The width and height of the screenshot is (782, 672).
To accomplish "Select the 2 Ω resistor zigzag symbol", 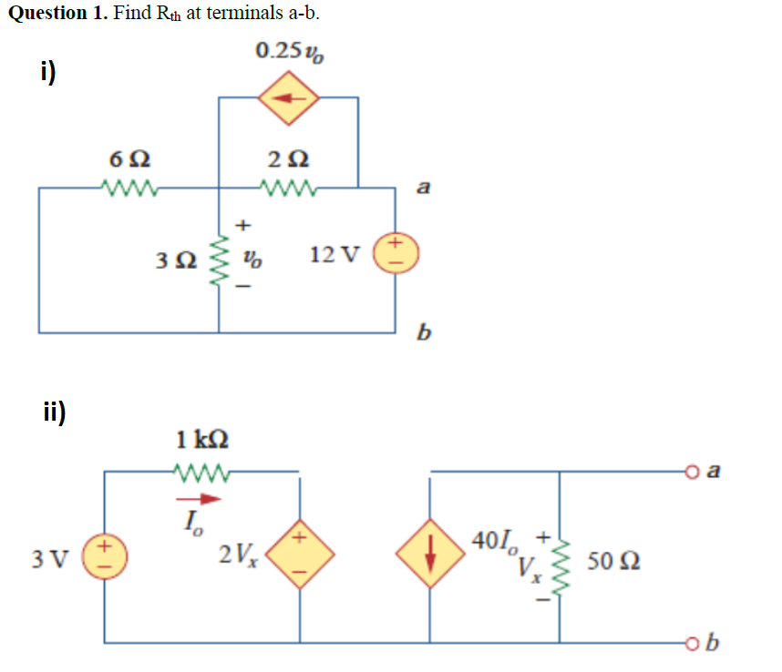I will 288,188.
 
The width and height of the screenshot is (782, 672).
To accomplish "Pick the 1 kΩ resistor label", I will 201,439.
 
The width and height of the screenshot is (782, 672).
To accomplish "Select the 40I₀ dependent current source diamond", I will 430,555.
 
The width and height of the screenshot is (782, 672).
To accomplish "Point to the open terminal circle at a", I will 692,471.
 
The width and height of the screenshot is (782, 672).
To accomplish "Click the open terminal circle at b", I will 692,643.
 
